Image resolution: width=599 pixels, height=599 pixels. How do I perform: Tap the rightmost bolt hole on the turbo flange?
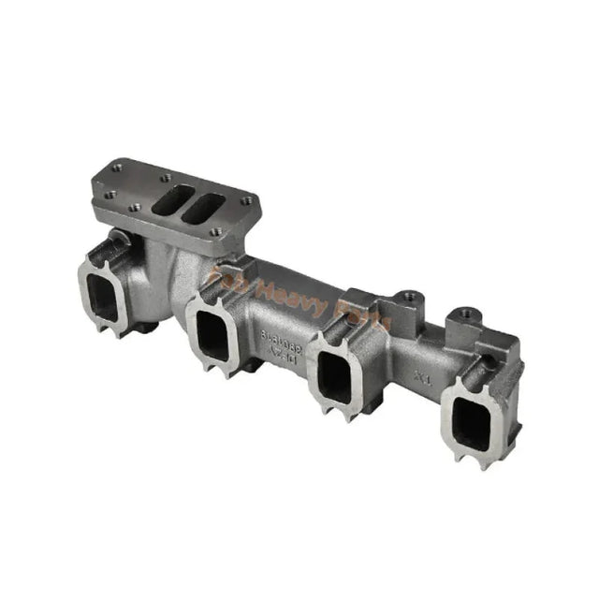click(246, 199)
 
